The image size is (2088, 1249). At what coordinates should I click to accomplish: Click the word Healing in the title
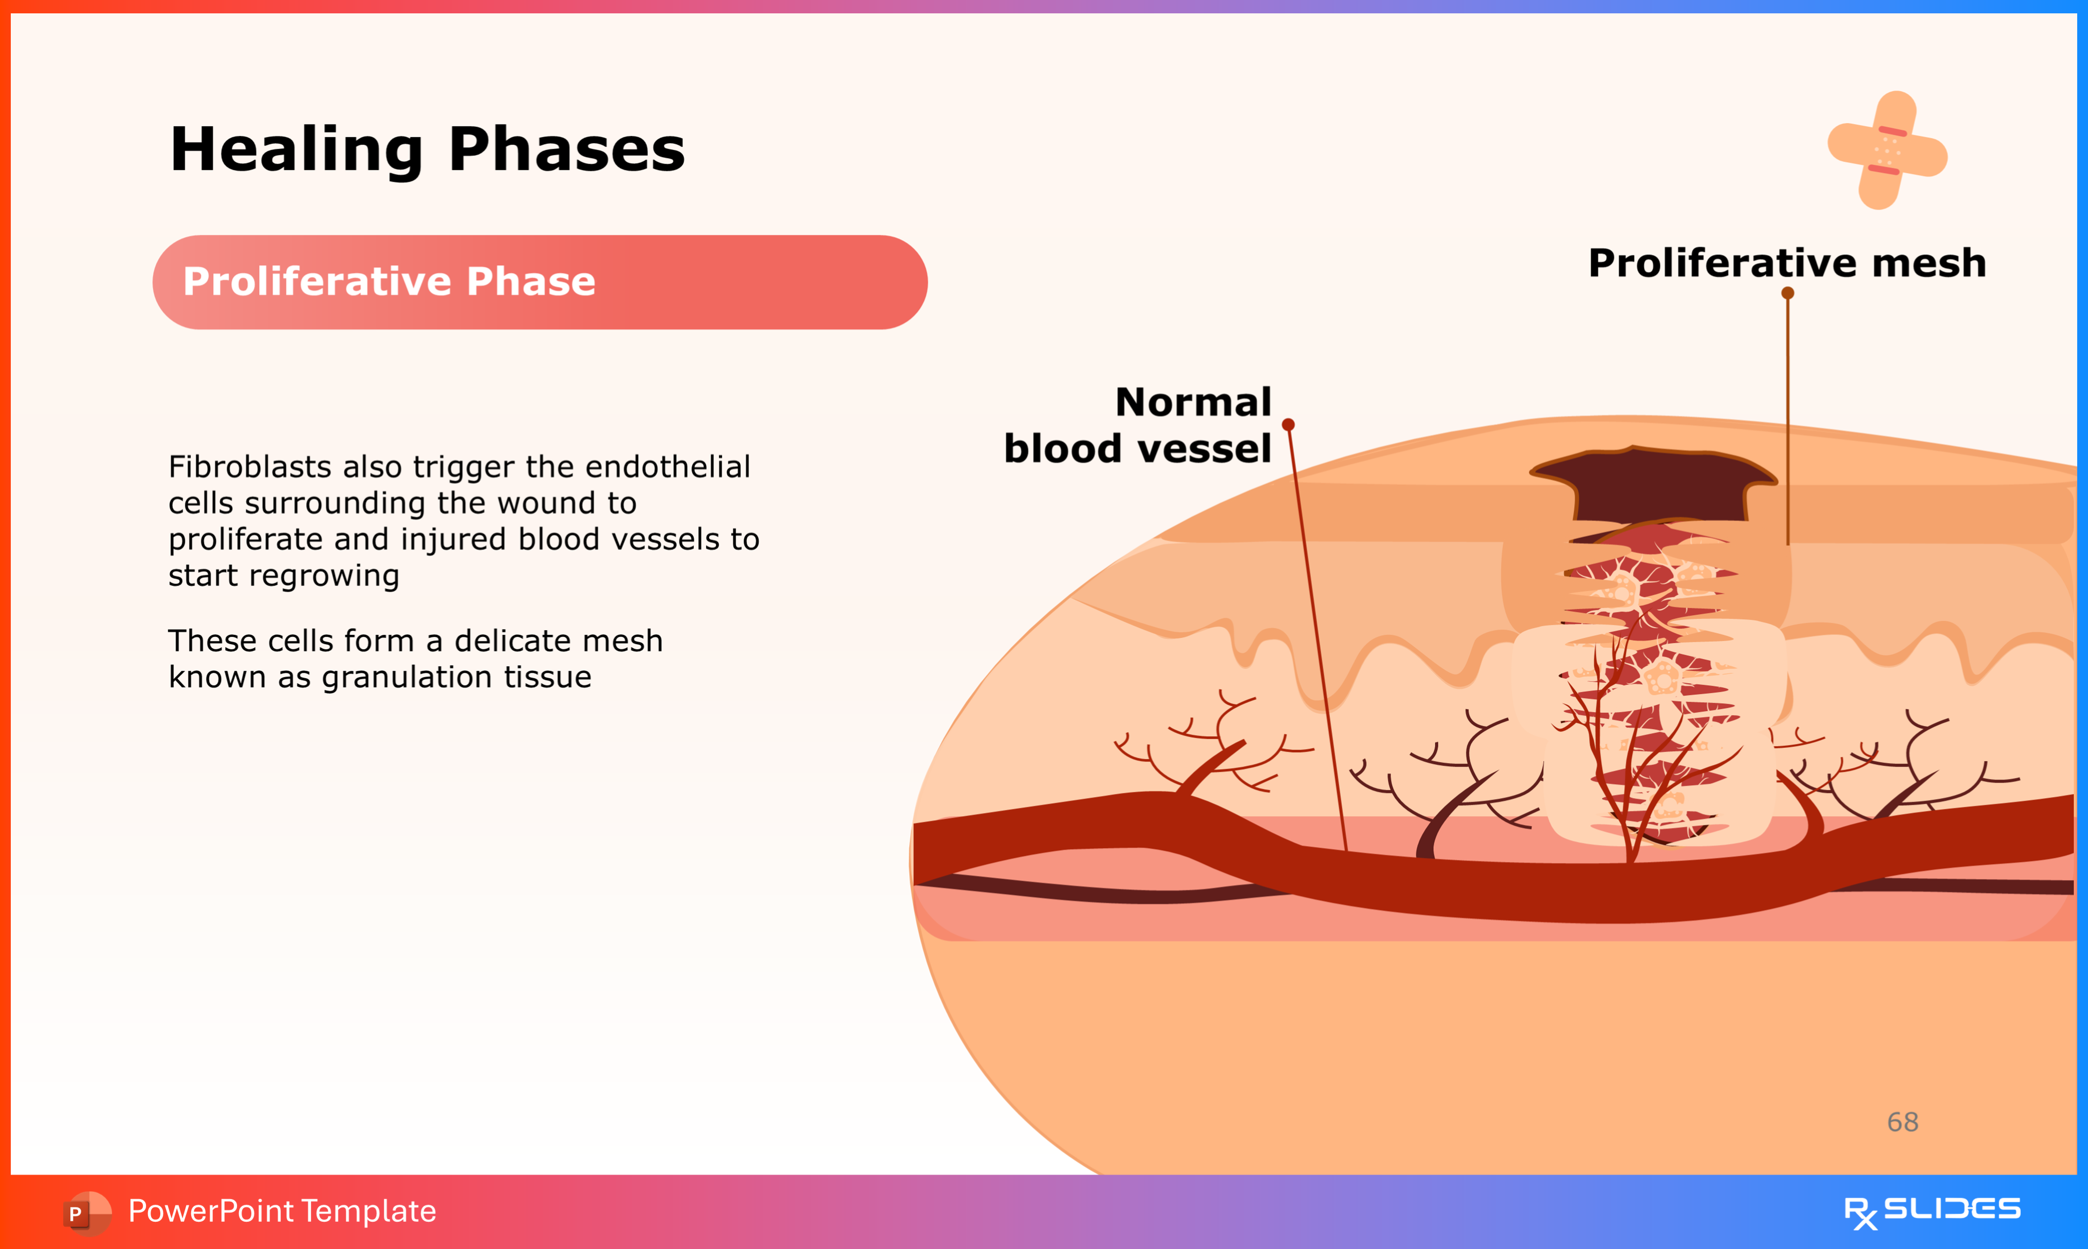pyautogui.click(x=297, y=150)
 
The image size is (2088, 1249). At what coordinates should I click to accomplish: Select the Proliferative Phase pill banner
pyautogui.click(x=540, y=282)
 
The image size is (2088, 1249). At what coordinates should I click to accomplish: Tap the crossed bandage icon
pyautogui.click(x=1887, y=150)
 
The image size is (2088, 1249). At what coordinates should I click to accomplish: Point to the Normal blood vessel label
pyautogui.click(x=1137, y=425)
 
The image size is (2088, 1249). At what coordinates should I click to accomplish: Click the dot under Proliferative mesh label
pyautogui.click(x=1787, y=293)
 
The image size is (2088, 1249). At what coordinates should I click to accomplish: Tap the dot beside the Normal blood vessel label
pyautogui.click(x=1288, y=424)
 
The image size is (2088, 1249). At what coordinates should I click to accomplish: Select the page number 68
pyautogui.click(x=1903, y=1122)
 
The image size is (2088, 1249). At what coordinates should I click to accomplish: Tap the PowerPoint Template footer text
pyautogui.click(x=282, y=1211)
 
